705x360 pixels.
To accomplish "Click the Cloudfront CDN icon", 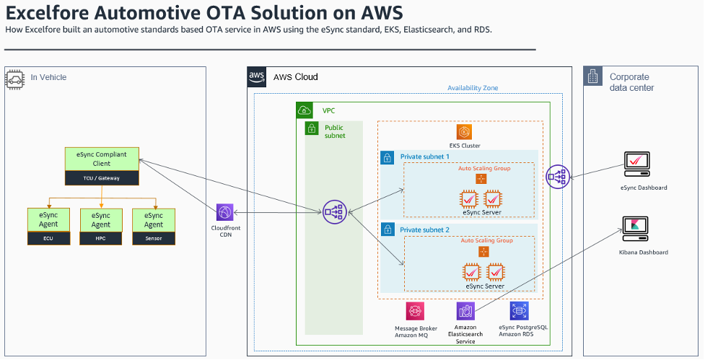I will (x=225, y=212).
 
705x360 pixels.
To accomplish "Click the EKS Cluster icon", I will (x=465, y=132).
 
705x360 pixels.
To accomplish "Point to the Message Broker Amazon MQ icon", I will (x=415, y=311).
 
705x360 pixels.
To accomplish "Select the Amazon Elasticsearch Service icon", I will (x=465, y=311).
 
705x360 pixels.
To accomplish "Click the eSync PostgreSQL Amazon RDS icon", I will (x=518, y=311).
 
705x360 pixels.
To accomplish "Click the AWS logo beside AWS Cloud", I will (x=257, y=76).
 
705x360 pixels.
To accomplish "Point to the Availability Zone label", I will (x=473, y=88).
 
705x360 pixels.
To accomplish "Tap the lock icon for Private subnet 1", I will (x=387, y=157).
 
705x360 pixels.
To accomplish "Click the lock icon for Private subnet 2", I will (x=387, y=230).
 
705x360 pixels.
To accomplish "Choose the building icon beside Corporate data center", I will (x=593, y=76).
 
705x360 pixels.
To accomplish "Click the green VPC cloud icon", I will (x=305, y=110).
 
